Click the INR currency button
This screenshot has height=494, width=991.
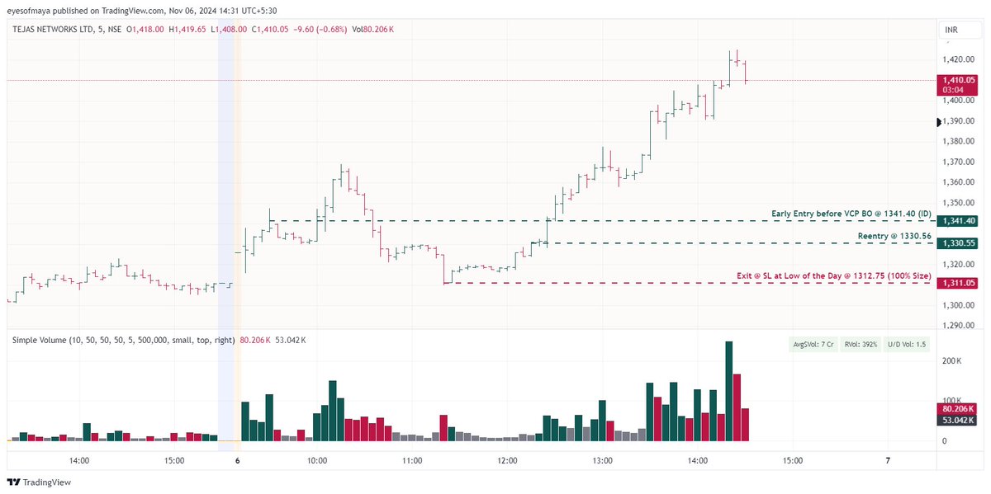(x=953, y=31)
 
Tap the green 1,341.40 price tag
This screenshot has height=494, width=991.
(x=958, y=221)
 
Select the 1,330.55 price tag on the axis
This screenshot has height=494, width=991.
(x=958, y=243)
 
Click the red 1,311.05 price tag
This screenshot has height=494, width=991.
(x=958, y=283)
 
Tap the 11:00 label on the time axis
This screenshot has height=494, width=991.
(x=412, y=460)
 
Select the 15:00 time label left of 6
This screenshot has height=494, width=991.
(x=174, y=460)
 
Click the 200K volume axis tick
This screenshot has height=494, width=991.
(x=951, y=361)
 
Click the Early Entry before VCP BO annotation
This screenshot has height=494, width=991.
(x=851, y=214)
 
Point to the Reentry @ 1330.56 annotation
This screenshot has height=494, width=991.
(x=894, y=236)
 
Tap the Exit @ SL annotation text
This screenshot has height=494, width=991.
(x=833, y=275)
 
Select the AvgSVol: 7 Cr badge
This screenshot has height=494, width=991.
(x=812, y=345)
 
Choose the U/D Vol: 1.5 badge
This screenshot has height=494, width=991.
(x=907, y=345)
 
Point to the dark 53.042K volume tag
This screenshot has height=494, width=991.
(x=958, y=420)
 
